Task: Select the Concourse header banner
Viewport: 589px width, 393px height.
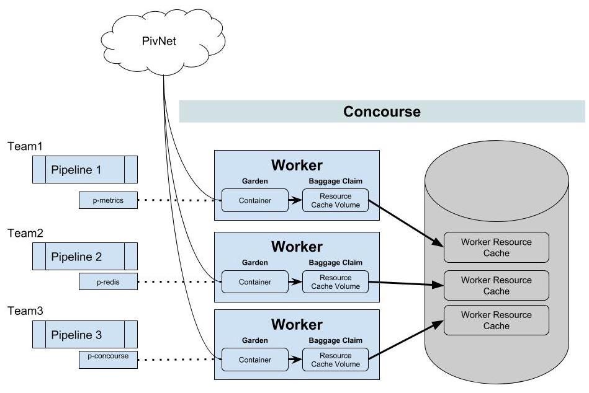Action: click(382, 112)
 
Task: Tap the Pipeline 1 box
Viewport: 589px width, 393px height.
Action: click(85, 170)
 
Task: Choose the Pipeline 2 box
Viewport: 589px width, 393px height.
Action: click(85, 256)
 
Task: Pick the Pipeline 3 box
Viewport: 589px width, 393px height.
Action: click(85, 335)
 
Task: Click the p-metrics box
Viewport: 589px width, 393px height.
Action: click(108, 200)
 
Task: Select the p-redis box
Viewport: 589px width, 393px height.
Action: click(108, 281)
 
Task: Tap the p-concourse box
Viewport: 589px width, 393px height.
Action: click(108, 359)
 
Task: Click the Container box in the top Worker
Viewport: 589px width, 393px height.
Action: click(255, 200)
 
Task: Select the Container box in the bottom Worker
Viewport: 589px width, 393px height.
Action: click(255, 360)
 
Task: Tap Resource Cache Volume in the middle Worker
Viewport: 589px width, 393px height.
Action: click(335, 282)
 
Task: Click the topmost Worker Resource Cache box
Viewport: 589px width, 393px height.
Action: click(496, 247)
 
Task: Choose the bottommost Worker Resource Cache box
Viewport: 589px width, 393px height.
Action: click(496, 320)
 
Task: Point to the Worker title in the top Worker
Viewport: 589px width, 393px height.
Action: click(297, 166)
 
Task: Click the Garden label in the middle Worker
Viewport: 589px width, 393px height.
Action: click(254, 262)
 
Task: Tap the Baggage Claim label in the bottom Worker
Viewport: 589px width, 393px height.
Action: click(335, 340)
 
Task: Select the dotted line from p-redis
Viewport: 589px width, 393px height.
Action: click(177, 282)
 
